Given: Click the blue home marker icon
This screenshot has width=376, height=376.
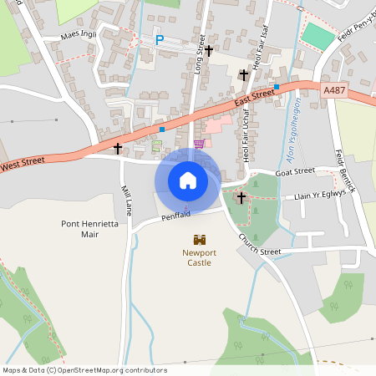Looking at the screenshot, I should (x=188, y=180).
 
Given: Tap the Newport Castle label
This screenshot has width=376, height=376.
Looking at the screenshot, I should (x=199, y=257).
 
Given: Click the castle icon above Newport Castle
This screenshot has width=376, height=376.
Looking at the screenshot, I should (x=199, y=239).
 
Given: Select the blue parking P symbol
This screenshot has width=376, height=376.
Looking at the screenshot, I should (x=160, y=39).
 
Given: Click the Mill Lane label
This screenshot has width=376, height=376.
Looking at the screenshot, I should (x=127, y=201).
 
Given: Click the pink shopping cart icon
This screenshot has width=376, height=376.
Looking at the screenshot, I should (x=199, y=144).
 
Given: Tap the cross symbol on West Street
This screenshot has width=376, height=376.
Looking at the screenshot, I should (x=118, y=149).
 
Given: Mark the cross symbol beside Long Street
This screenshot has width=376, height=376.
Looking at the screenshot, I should (x=209, y=51).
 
